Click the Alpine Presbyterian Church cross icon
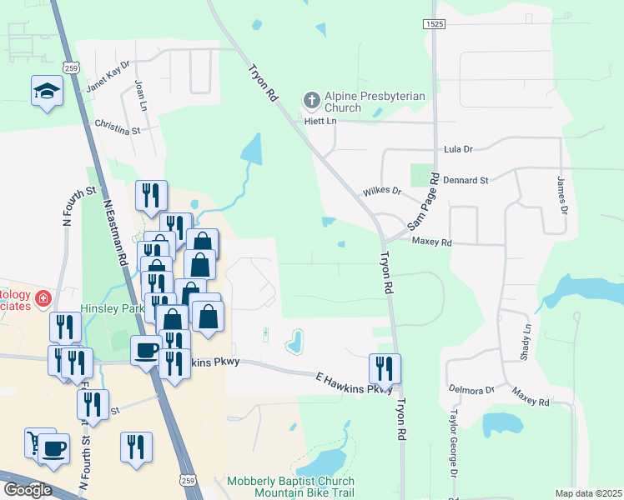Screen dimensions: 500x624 tap(311, 102)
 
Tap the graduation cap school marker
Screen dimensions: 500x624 tap(47, 92)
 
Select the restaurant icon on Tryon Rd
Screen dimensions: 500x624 tap(385, 367)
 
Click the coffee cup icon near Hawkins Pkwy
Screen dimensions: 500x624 tap(147, 349)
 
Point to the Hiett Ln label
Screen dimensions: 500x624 tap(320, 122)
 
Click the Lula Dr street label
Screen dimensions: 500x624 tap(457, 148)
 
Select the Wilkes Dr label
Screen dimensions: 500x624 tap(382, 192)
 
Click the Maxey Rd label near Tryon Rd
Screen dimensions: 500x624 tap(431, 242)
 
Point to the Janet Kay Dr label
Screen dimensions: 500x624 tap(108, 76)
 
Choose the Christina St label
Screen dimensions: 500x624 tap(118, 126)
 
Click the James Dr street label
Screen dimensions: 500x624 tap(561, 196)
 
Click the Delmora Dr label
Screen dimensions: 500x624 tap(472, 389)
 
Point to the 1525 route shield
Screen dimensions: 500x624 tap(432, 25)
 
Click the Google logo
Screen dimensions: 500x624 tap(27, 490)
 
